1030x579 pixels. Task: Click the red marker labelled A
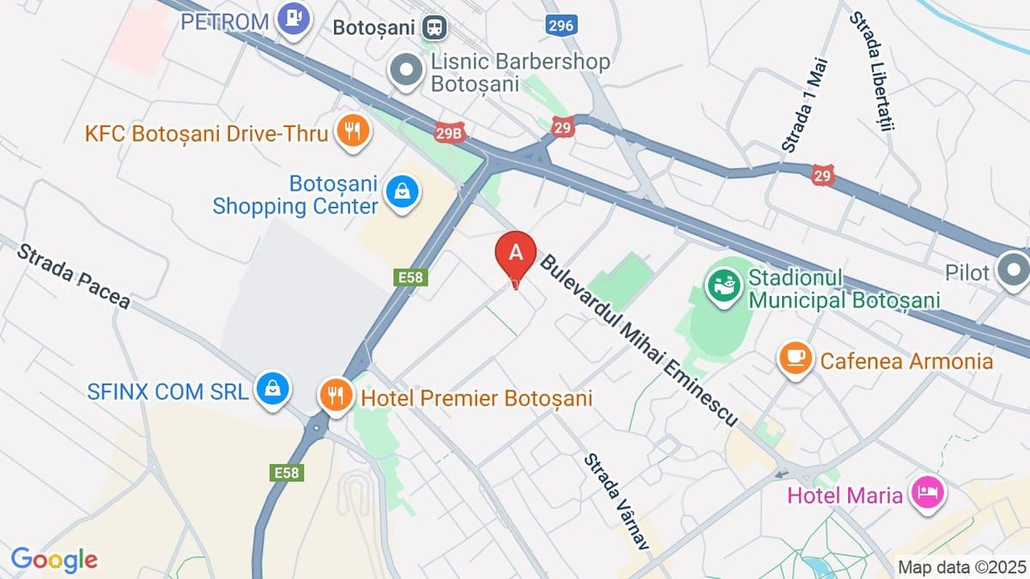[x=516, y=254]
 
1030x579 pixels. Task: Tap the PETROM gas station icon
[x=294, y=18]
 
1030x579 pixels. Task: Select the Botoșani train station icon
[x=435, y=27]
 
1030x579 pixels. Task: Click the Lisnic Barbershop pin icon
[x=406, y=69]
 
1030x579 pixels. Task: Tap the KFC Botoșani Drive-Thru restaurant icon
[x=352, y=132]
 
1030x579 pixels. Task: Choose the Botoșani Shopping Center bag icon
[x=402, y=190]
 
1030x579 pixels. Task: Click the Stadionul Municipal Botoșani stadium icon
[x=724, y=286]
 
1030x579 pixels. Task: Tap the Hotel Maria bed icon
[x=928, y=492]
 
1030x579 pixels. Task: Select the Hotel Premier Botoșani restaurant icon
[x=335, y=395]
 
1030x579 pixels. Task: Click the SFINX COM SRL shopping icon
[x=273, y=389]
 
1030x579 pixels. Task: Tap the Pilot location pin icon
[x=1014, y=270]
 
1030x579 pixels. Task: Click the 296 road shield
[x=560, y=25]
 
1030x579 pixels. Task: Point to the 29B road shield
[x=449, y=133]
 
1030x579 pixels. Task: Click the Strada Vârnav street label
[x=615, y=503]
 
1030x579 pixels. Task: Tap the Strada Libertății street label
[x=873, y=71]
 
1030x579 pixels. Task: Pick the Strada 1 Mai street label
[x=804, y=106]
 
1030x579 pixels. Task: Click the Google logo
[x=54, y=560]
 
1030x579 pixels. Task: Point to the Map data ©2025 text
[x=961, y=567]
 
